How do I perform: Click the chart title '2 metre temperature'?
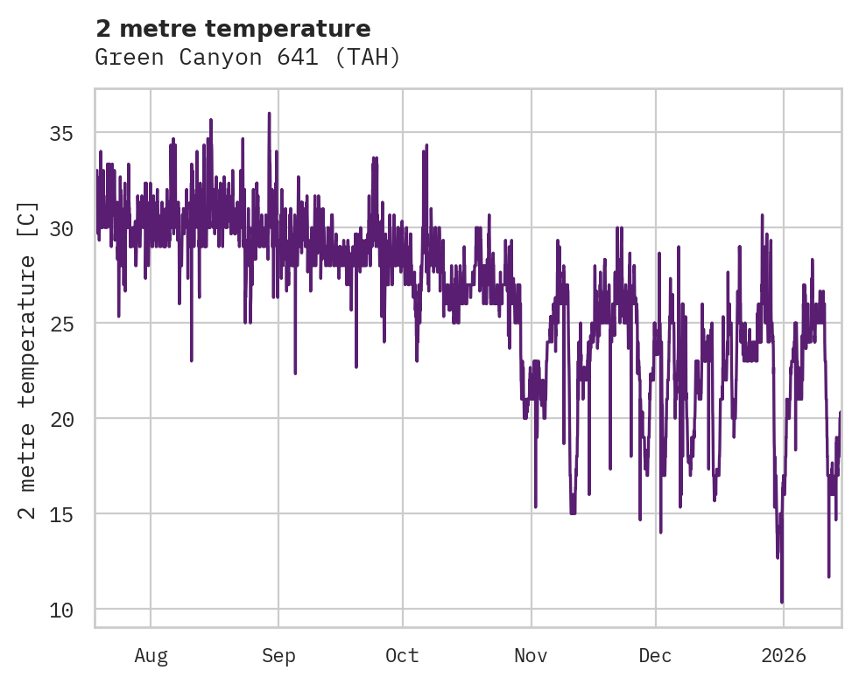click(x=233, y=28)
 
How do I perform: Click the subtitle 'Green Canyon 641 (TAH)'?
click(x=247, y=58)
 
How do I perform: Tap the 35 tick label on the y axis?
click(x=60, y=133)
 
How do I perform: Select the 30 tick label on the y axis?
click(x=60, y=228)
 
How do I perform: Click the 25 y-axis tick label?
click(x=60, y=324)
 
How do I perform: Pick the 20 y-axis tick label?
click(x=60, y=418)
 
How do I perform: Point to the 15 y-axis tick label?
click(x=60, y=513)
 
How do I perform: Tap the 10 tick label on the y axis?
click(x=60, y=609)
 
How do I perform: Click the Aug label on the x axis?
click(x=151, y=655)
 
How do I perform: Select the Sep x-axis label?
click(x=278, y=655)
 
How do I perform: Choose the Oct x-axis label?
click(x=403, y=655)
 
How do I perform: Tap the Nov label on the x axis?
click(x=531, y=655)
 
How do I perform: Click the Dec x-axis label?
click(x=655, y=655)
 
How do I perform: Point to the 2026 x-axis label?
click(x=783, y=655)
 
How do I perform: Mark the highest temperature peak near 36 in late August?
click(x=269, y=114)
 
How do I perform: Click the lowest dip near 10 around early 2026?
click(x=782, y=601)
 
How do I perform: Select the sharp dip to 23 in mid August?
click(x=191, y=359)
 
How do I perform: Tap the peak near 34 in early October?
click(x=426, y=146)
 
